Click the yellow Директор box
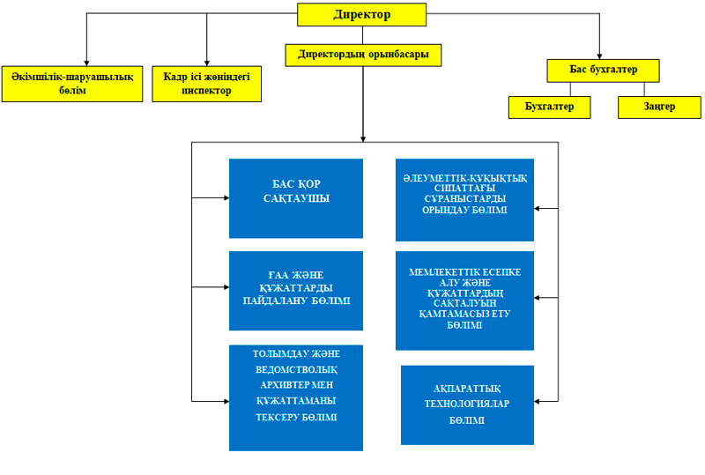361,15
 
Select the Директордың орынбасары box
363,55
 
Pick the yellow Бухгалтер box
549,107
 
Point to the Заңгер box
659,107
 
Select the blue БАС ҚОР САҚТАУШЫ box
296,198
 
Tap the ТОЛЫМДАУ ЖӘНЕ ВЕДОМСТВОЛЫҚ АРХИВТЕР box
296,397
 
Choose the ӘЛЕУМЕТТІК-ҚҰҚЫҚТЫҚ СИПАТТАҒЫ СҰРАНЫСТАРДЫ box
464,200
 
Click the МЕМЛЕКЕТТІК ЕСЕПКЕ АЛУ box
464,300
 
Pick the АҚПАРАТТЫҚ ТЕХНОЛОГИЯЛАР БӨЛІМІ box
467,404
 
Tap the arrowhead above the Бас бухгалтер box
600,55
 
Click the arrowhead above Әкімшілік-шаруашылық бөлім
85,62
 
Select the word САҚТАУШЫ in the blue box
296,199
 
